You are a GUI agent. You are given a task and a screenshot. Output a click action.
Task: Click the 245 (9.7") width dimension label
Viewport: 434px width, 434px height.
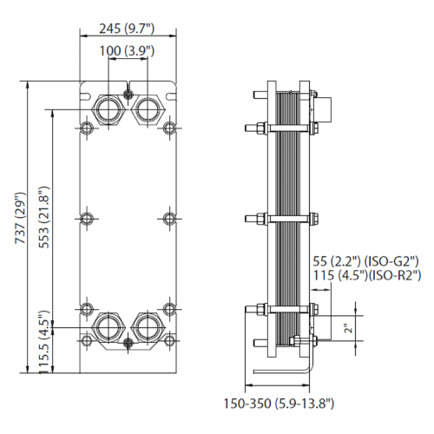coord(127,29)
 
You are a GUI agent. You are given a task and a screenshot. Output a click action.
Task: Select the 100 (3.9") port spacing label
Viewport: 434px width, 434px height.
coord(127,51)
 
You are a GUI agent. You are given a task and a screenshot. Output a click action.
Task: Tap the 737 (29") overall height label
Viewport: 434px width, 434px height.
coord(20,218)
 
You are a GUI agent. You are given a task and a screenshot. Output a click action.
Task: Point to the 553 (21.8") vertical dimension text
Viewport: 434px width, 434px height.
coord(44,217)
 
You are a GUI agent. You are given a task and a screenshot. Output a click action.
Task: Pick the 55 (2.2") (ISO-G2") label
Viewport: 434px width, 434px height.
coord(365,261)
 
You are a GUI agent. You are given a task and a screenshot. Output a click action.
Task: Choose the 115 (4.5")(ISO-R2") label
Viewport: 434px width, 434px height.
coord(367,275)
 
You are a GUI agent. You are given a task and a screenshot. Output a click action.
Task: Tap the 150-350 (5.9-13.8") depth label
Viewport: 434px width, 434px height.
coord(279,404)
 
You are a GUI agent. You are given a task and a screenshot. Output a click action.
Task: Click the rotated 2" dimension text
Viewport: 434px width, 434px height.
coord(350,328)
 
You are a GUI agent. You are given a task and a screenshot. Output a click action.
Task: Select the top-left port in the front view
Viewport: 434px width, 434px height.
coord(108,109)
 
